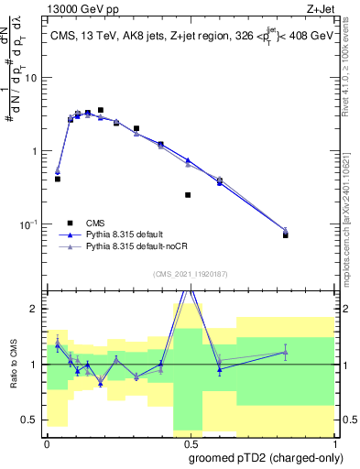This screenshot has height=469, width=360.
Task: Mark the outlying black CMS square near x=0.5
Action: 188,195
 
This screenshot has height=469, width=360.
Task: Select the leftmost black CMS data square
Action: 58,179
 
